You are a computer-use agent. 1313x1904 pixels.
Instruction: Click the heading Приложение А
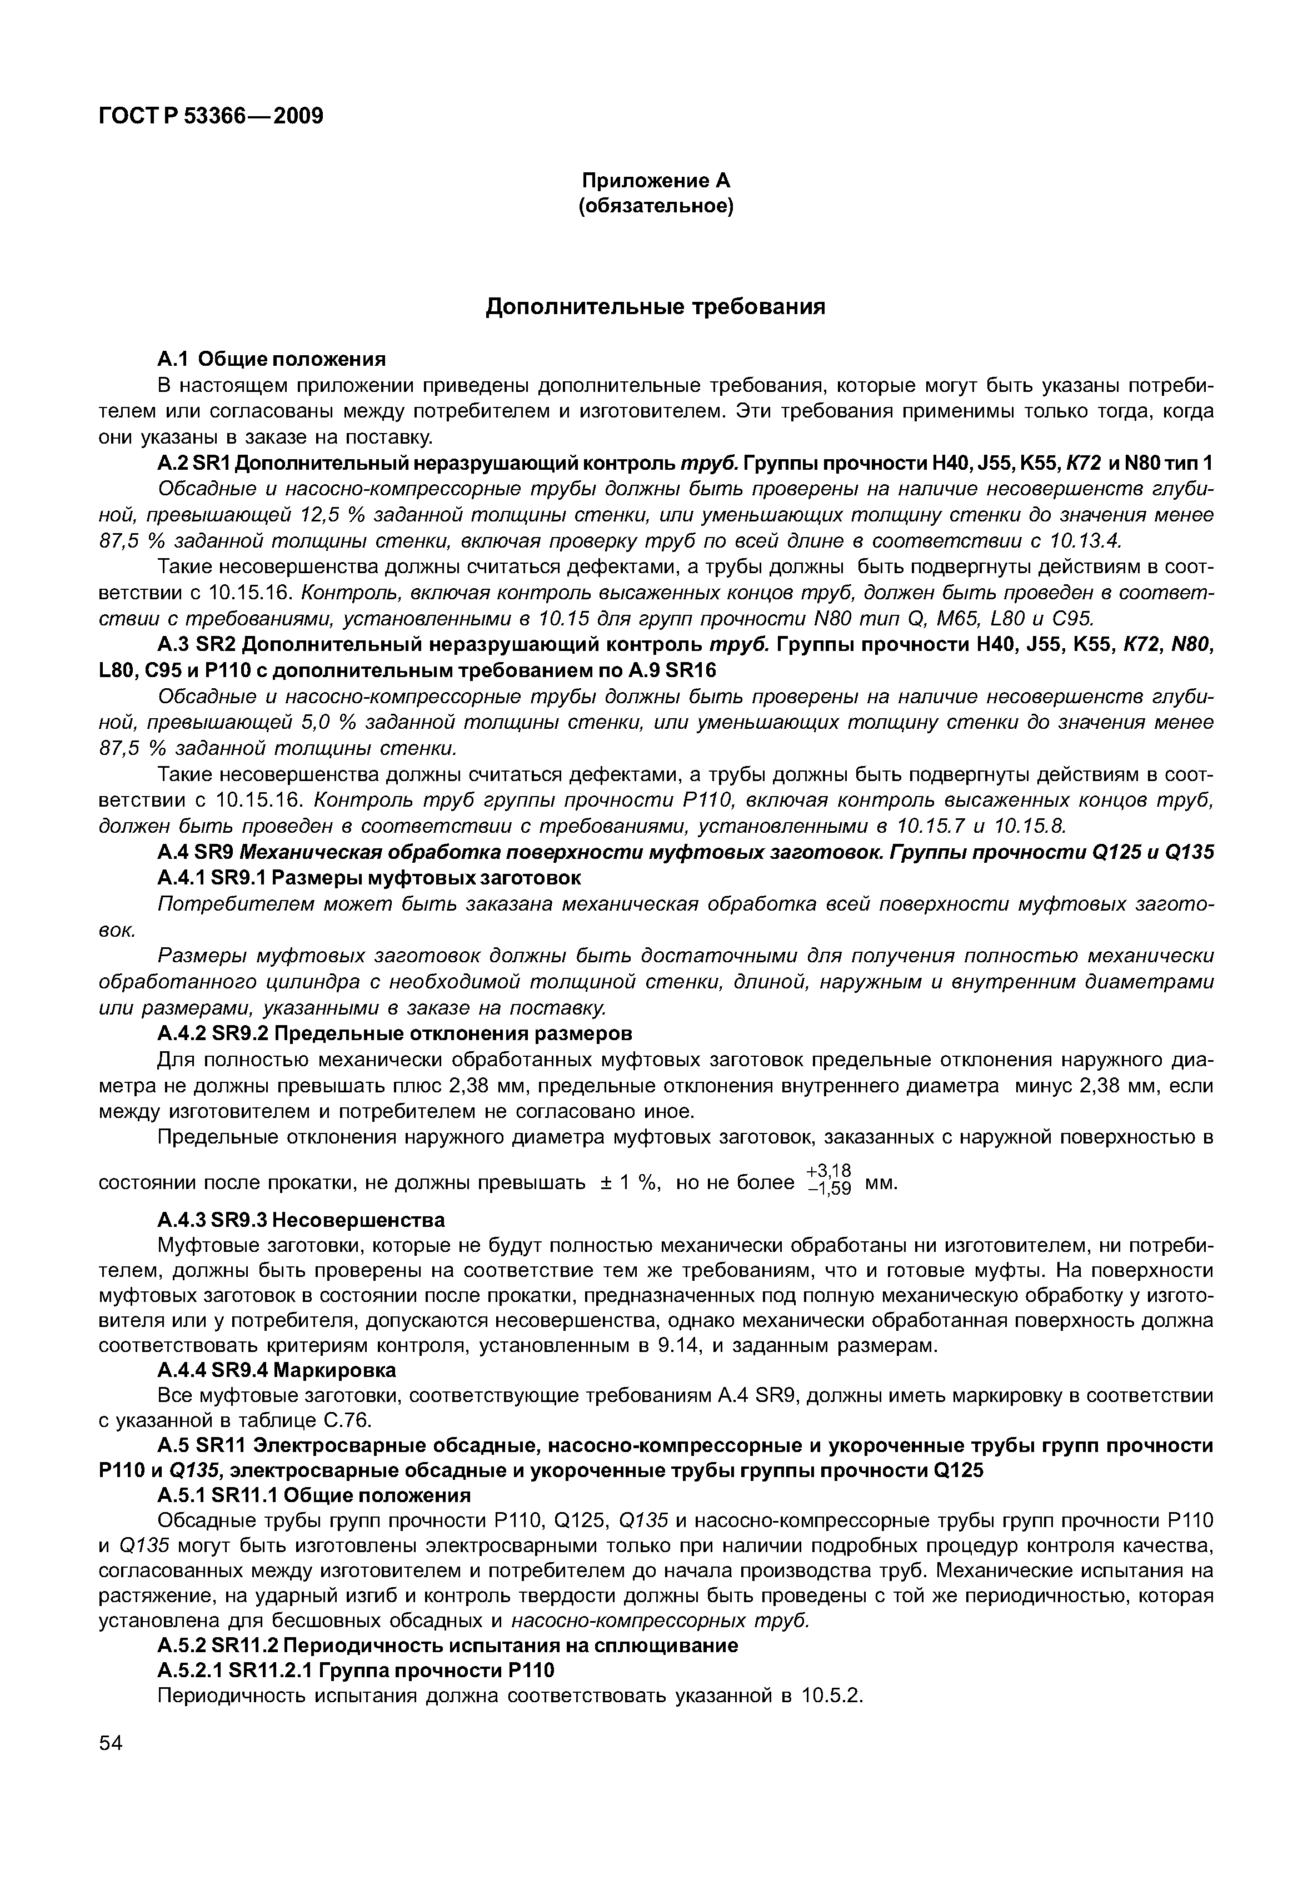coord(656,180)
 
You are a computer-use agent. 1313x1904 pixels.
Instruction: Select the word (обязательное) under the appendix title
coord(656,206)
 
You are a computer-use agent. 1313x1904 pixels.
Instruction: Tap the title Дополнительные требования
coord(656,307)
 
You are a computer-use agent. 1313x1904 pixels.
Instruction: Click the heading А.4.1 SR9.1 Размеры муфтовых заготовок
coord(368,878)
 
